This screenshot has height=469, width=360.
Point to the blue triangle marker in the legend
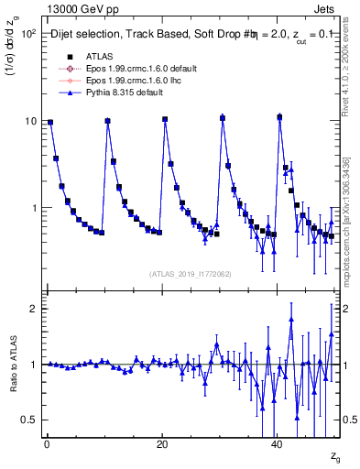[x=69, y=93]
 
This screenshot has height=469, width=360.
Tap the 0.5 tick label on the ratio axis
[x=27, y=420]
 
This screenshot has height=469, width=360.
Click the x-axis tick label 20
[x=162, y=443]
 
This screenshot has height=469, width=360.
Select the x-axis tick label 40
[x=278, y=443]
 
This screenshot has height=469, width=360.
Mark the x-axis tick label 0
[x=47, y=443]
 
